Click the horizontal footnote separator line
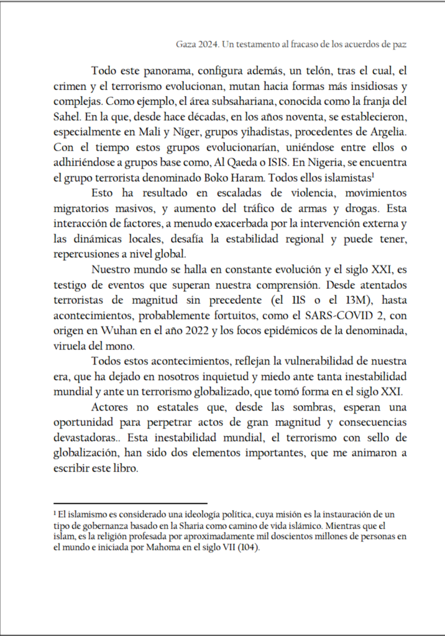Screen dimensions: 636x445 coord(130,503)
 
